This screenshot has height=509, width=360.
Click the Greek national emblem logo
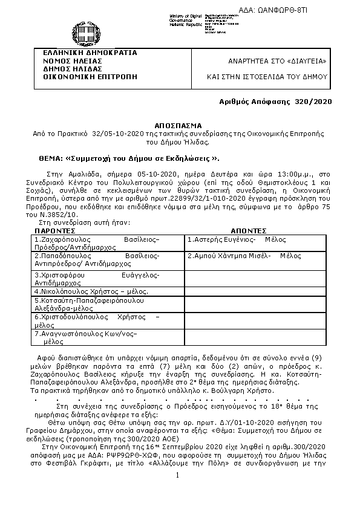pos(81,31)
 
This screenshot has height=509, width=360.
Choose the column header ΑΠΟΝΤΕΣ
pos(249,231)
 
